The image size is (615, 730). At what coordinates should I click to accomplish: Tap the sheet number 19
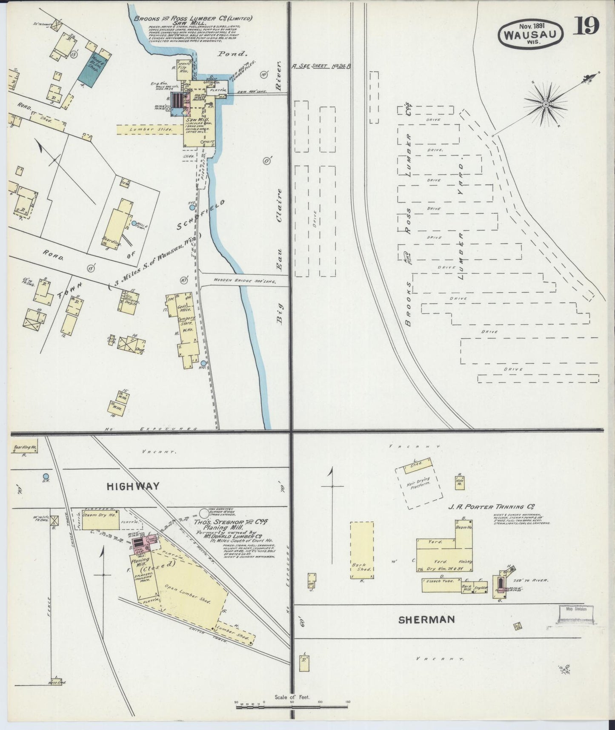point(588,26)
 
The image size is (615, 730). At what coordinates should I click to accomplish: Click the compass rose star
point(546,103)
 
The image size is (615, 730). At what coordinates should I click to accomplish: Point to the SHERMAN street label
point(426,620)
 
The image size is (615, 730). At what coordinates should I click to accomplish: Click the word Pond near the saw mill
point(232,54)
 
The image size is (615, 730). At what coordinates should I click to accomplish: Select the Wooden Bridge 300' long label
point(245,282)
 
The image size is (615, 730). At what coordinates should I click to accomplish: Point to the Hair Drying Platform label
point(420,485)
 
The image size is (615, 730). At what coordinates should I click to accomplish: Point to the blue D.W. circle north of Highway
point(46,476)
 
